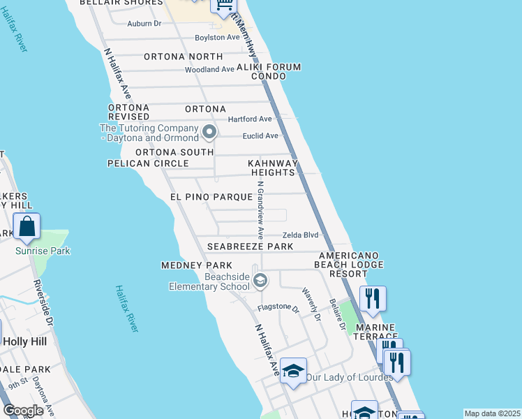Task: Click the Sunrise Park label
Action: tap(43, 251)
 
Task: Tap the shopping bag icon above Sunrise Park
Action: tap(27, 226)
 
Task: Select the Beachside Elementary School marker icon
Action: tap(260, 281)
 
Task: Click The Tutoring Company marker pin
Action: tap(209, 131)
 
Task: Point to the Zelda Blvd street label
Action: tap(300, 235)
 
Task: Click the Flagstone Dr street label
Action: tap(278, 307)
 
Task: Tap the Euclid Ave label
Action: tap(260, 135)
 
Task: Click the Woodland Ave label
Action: tap(209, 70)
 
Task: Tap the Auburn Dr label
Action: tap(144, 23)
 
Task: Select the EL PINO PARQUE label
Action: tap(210, 198)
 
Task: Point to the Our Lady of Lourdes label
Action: tap(349, 377)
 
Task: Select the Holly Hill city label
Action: tap(24, 341)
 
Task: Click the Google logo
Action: tap(24, 411)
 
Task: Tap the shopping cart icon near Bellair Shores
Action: tap(224, 6)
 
